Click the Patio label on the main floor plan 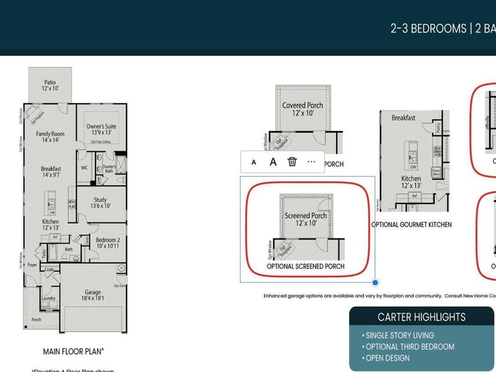click(50, 86)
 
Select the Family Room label click(50, 137)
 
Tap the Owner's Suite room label click(100, 130)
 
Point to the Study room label click(100, 203)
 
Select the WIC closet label click(84, 167)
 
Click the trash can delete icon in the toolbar click(292, 162)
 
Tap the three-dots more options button click(311, 162)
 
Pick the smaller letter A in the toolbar click(254, 162)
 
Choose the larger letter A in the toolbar click(273, 162)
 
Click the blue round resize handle click(375, 283)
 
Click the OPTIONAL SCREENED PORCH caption click(306, 267)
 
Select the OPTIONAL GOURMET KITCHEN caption click(411, 224)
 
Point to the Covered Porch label click(303, 109)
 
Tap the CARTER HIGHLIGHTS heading click(422, 317)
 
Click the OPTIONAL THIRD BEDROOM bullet click(409, 347)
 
